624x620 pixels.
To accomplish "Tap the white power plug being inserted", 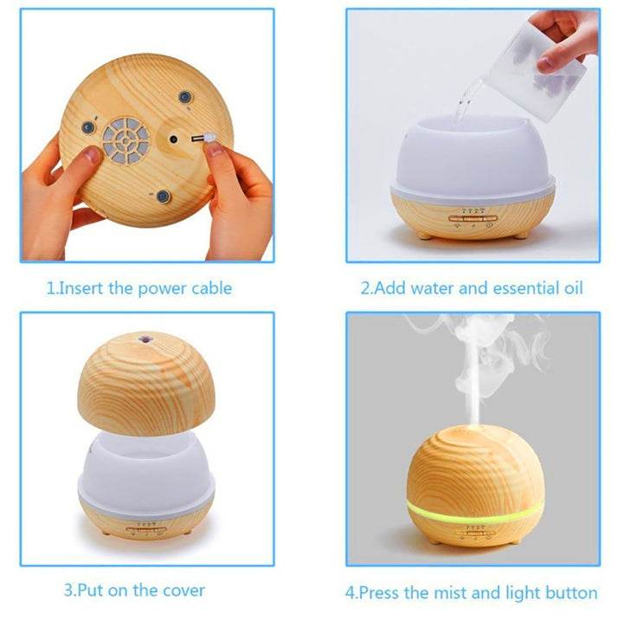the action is [209, 139].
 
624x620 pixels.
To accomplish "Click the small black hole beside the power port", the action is [173, 139].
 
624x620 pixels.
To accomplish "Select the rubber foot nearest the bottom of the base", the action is [163, 197].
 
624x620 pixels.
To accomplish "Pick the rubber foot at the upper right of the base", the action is [184, 97].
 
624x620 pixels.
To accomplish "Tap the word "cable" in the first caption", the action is [212, 287].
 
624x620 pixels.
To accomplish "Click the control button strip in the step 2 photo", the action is [473, 218].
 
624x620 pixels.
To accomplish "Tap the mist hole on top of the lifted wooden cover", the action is [144, 339].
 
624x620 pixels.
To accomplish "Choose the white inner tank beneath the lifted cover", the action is [146, 474].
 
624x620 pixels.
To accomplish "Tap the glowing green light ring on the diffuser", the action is [475, 512].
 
